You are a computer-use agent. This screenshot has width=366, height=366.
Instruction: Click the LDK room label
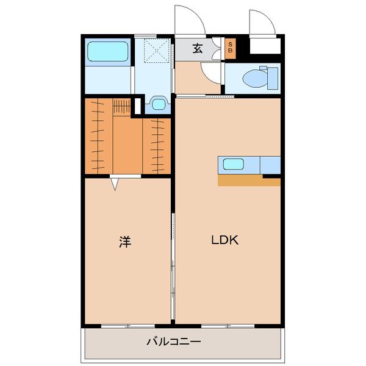[x=224, y=240]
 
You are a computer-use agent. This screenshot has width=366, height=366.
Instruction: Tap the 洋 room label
[x=125, y=242]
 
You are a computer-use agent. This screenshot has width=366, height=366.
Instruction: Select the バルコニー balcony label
[x=174, y=342]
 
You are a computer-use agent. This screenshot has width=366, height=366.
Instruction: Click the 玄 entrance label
[x=198, y=49]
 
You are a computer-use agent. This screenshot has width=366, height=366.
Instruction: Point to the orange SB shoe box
[x=230, y=48]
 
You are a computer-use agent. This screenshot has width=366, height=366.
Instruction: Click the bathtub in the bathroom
[x=108, y=52]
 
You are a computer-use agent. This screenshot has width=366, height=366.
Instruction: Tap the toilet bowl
[x=255, y=78]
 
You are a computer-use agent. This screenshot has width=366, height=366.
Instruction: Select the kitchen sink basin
[x=234, y=164]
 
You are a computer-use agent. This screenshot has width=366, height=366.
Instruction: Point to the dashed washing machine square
[x=156, y=51]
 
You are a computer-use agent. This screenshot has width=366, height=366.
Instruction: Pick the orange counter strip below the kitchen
[x=249, y=181]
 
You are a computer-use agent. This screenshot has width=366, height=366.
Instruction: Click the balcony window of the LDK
[x=228, y=326]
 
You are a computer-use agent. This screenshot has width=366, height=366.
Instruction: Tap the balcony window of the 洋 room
[x=128, y=326]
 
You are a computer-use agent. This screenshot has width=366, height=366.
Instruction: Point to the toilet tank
[x=273, y=78]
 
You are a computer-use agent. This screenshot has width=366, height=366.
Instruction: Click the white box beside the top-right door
[x=265, y=46]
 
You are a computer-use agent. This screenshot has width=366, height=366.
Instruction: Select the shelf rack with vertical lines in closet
[x=121, y=107]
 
